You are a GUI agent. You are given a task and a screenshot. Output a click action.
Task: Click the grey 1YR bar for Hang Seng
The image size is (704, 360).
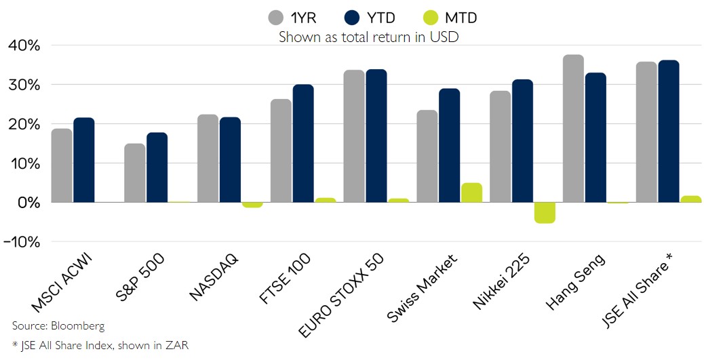[x=573, y=129]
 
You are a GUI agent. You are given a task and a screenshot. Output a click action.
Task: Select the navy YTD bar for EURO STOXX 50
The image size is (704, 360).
[x=376, y=136]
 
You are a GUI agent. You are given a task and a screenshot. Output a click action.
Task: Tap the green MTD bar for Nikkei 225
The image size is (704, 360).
[x=545, y=212]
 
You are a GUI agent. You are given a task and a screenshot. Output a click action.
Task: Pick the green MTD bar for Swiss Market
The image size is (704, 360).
[x=471, y=193]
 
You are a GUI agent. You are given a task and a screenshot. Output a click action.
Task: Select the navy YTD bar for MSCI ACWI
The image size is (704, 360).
[x=84, y=160]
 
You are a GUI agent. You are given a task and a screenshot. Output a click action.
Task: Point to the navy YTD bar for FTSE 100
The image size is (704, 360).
[x=303, y=144]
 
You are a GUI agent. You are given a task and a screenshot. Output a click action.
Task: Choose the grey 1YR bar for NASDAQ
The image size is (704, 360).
[x=208, y=159]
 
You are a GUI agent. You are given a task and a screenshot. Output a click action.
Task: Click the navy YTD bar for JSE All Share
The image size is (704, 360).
[x=668, y=132]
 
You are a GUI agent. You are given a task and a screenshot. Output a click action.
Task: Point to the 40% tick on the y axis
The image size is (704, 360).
[x=24, y=46]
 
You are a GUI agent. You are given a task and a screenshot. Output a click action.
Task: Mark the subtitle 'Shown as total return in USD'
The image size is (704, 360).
[x=368, y=37]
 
